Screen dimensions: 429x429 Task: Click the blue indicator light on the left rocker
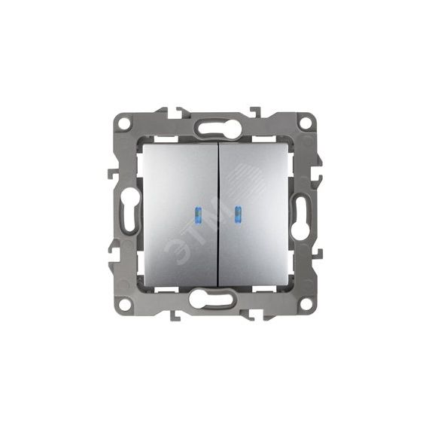coord(196,214)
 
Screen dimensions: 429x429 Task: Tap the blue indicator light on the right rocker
coord(236,214)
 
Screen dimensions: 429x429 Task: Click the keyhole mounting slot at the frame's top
coord(216,127)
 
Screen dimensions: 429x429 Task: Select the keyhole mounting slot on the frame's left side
coord(128,214)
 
